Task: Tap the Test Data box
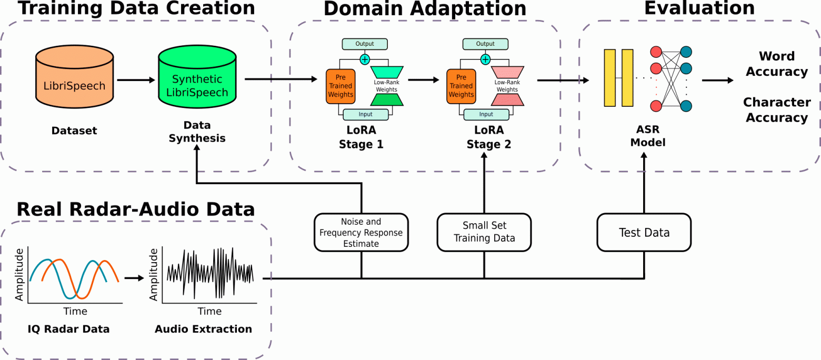pos(644,232)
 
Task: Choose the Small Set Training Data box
pos(484,232)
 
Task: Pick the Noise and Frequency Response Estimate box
pos(361,232)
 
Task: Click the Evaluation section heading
pos(699,8)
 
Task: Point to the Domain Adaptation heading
pos(425,8)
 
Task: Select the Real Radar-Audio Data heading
pos(136,209)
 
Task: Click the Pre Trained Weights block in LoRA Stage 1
pos(341,86)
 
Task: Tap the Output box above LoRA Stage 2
pos(485,44)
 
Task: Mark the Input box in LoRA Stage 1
pos(365,114)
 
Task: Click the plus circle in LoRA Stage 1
pos(365,59)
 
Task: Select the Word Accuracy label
pos(777,64)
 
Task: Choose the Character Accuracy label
pos(777,109)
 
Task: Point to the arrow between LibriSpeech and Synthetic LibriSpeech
pos(136,80)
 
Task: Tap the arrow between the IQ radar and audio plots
pos(134,278)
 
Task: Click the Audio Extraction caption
pos(203,329)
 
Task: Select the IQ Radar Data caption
pos(68,329)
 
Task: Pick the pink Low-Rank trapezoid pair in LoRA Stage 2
pos(507,86)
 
